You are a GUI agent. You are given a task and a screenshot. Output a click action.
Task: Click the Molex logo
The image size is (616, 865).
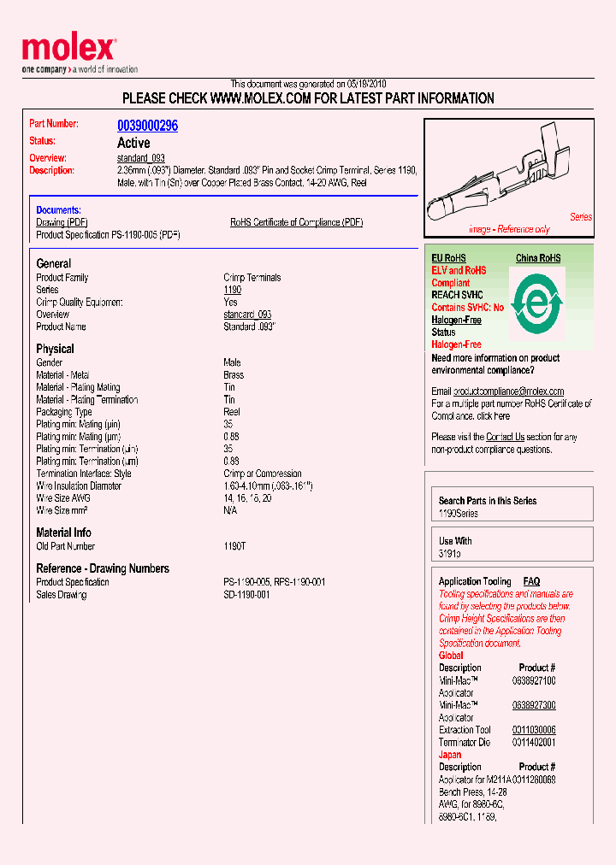(68, 48)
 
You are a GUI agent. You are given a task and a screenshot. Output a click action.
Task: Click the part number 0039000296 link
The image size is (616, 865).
(147, 125)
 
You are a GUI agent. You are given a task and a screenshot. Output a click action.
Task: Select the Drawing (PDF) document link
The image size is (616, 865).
(62, 222)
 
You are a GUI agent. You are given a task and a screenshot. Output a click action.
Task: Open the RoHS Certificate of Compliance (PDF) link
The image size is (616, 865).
(296, 222)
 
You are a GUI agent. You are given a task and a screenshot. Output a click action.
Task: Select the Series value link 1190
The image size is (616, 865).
(232, 290)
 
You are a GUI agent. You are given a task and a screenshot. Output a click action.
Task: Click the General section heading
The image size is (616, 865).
(54, 264)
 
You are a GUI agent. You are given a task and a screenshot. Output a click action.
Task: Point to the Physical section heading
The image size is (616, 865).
(55, 349)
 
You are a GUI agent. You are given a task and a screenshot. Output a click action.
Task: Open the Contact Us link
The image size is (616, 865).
(505, 437)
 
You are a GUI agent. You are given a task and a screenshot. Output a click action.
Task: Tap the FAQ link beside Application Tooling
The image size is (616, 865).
(531, 581)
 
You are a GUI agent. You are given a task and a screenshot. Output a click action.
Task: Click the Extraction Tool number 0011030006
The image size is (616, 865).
(534, 730)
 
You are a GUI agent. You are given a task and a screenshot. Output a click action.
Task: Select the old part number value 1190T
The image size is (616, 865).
(235, 546)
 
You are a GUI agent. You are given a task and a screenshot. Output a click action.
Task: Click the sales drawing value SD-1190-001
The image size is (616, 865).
(246, 594)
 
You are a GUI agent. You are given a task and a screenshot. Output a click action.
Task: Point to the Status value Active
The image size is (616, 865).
(133, 143)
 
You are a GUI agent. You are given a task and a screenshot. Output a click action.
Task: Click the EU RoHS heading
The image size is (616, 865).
(449, 258)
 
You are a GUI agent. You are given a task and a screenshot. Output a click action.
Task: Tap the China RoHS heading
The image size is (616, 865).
(538, 258)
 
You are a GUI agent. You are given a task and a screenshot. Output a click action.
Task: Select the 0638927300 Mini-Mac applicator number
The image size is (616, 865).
(534, 705)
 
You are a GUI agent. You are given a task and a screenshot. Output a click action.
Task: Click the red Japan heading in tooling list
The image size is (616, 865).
(450, 755)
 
